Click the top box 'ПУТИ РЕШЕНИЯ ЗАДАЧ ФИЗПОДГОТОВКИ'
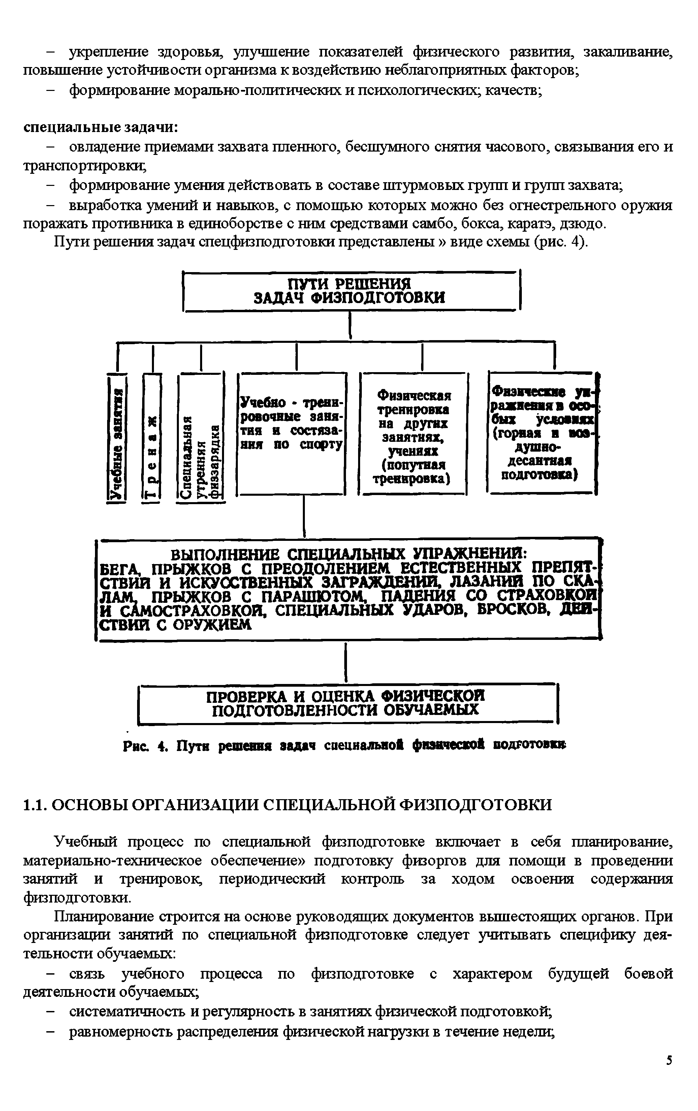[x=352, y=291]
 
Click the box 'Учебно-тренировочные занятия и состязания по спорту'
[x=292, y=434]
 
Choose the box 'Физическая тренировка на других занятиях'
[x=414, y=434]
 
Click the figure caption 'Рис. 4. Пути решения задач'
[x=344, y=745]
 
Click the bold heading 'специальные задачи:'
[x=101, y=126]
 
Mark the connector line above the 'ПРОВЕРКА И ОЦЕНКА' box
[x=346, y=662]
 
